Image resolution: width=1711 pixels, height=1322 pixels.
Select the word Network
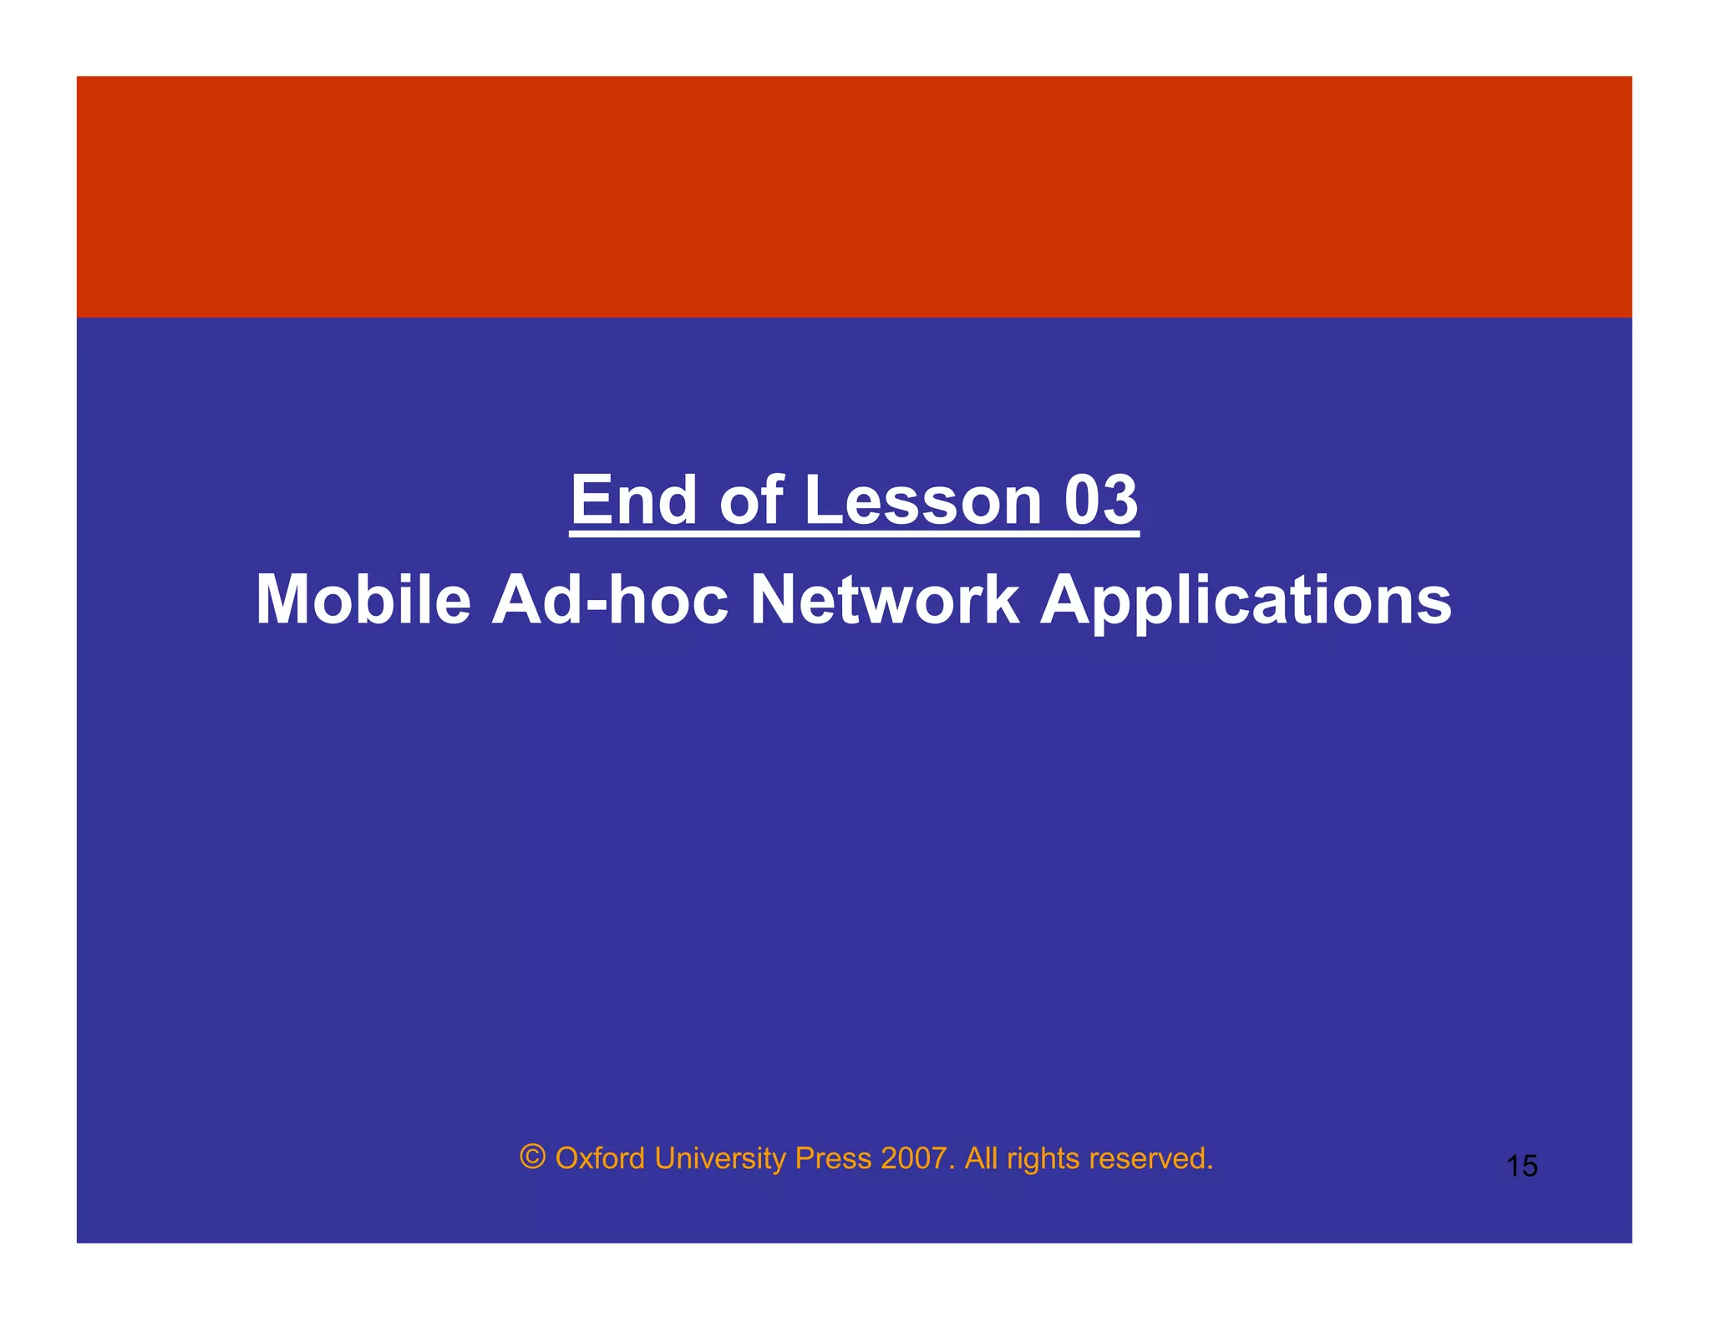885,599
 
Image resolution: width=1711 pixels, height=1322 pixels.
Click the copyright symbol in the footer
532,1157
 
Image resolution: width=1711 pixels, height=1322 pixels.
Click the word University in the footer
719,1158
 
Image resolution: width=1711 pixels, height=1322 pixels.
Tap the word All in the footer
982,1158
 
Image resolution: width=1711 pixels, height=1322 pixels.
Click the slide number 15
1521,1166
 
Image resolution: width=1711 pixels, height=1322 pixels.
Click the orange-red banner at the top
854,196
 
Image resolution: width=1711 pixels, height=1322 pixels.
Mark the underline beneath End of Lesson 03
854,534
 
